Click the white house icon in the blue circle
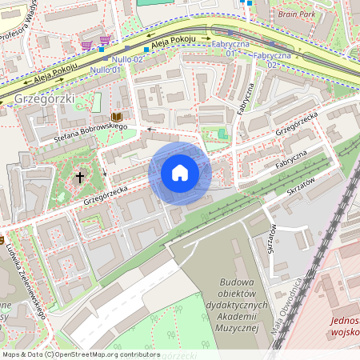[x=180, y=173]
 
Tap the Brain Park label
[x=297, y=14]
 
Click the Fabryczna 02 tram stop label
[x=270, y=59]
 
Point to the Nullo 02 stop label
[x=128, y=58]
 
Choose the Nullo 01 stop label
[x=105, y=70]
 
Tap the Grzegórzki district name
[x=45, y=98]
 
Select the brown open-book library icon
[x=117, y=116]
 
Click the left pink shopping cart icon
[x=86, y=46]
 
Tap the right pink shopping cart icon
[x=105, y=39]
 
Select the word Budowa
[x=236, y=283]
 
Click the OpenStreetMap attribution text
[x=81, y=354]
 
